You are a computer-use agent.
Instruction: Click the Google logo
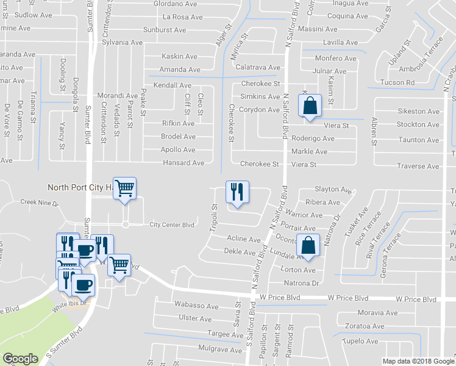21,359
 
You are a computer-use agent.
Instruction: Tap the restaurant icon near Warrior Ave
235,191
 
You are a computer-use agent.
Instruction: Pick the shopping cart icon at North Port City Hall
124,188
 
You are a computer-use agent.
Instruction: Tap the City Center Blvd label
172,224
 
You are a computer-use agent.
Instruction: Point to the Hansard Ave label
183,163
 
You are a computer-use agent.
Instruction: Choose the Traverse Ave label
418,166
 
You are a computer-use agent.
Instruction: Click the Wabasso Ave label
196,306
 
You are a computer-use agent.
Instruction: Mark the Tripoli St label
215,215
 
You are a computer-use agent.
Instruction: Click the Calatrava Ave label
257,67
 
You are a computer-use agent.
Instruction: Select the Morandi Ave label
118,96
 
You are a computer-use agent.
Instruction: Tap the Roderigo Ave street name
313,138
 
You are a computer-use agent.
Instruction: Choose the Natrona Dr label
302,283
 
